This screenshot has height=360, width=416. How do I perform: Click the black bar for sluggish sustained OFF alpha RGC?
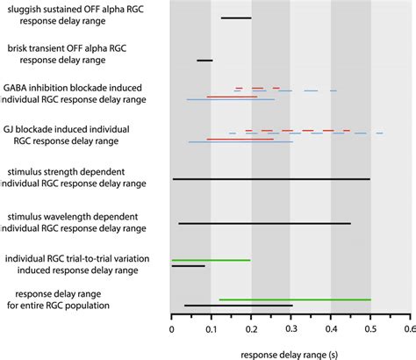pos(236,18)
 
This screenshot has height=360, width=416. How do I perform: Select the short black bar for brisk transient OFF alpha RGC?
pos(204,61)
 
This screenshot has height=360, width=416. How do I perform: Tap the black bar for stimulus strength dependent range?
pos(271,179)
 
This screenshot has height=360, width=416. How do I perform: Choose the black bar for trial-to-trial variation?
pos(188,266)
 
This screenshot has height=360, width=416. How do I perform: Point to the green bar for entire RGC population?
pos(294,299)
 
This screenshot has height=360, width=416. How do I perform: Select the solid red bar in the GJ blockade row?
pos(239,139)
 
